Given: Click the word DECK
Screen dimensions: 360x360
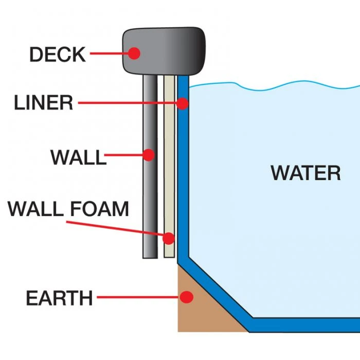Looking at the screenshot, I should (57, 54).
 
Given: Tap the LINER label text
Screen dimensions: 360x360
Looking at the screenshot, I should (43, 103).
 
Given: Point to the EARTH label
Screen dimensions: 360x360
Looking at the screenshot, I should (59, 298).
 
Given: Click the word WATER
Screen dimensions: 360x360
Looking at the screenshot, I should (305, 173).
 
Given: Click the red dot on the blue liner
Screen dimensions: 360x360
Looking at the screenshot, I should (183, 104).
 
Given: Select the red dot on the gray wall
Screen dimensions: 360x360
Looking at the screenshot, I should (149, 154).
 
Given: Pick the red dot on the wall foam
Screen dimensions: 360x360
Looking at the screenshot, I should (169, 238).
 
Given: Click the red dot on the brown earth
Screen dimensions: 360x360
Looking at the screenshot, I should (187, 297).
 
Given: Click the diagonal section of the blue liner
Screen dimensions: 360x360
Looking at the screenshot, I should (216, 288).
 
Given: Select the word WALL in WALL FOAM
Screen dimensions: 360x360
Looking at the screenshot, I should (34, 209).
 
